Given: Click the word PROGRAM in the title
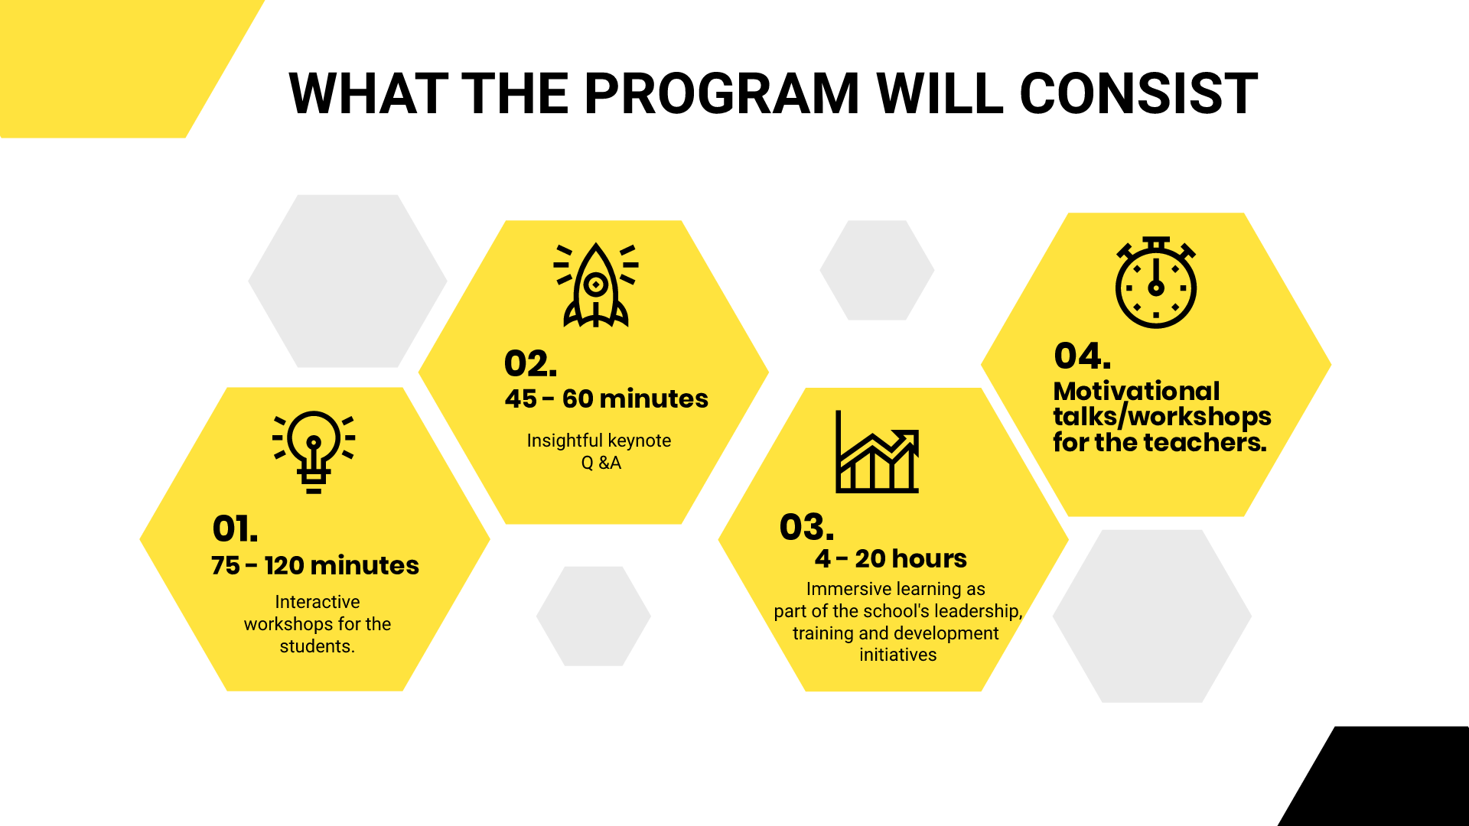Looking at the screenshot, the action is tap(722, 93).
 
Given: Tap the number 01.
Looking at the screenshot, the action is tap(235, 528).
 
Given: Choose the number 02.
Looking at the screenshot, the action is tap(530, 363).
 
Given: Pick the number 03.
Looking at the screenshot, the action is tap(806, 527).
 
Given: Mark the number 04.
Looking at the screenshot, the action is tap(1082, 356).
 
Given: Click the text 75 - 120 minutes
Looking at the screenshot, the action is tap(315, 565).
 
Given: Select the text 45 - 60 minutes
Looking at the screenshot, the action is tap(606, 398).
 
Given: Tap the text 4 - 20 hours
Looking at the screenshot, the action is tap(891, 558).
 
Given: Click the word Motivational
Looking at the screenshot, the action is tap(1136, 391).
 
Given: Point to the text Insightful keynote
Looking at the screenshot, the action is tap(599, 441).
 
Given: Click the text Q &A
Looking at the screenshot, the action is tap(601, 463).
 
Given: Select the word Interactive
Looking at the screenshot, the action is tap(318, 602).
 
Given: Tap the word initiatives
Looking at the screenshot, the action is tap(898, 655).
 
